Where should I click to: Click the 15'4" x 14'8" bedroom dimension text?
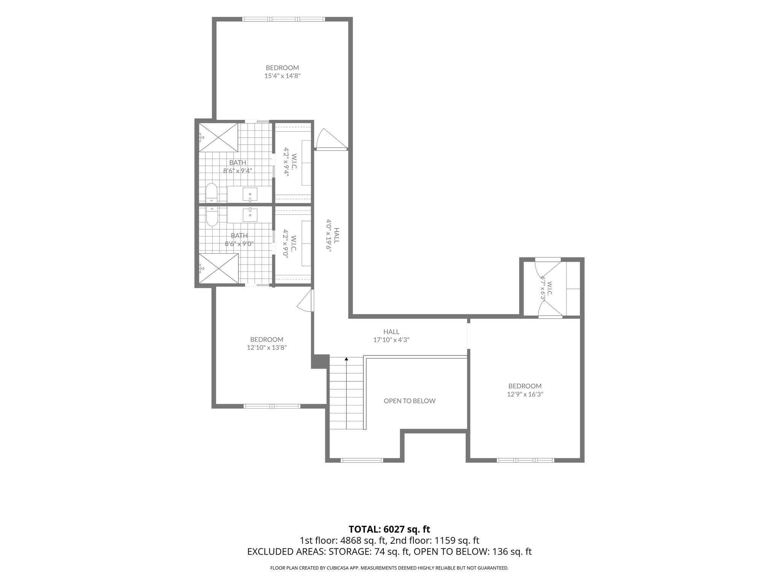pyautogui.click(x=283, y=76)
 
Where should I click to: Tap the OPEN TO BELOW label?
pyautogui.click(x=409, y=401)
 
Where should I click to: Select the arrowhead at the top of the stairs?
pyautogui.click(x=346, y=359)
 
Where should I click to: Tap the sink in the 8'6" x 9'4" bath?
pyautogui.click(x=250, y=194)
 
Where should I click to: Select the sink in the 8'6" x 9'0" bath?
pyautogui.click(x=250, y=215)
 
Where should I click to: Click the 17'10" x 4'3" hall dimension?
pyautogui.click(x=391, y=340)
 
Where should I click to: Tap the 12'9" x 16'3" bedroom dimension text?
pyautogui.click(x=525, y=394)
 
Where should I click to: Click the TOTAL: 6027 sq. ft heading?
pyautogui.click(x=389, y=529)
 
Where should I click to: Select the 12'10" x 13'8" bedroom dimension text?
pyautogui.click(x=266, y=348)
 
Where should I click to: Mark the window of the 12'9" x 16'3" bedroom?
pyautogui.click(x=525, y=460)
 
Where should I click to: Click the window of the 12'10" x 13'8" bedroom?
pyautogui.click(x=272, y=406)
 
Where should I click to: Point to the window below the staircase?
pyautogui.click(x=362, y=460)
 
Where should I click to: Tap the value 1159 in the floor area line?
pyautogui.click(x=445, y=541)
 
